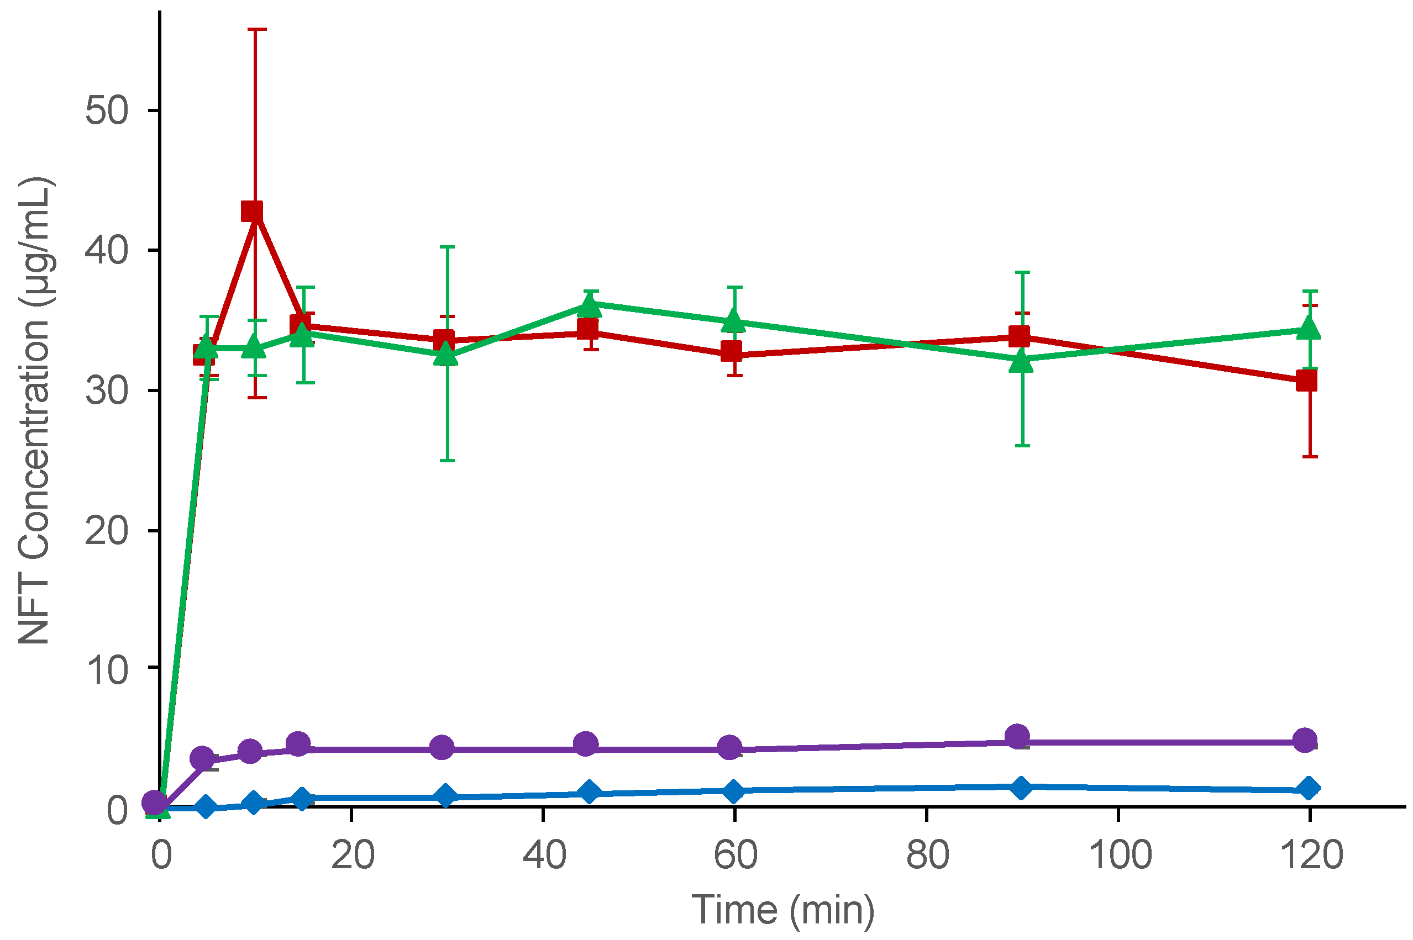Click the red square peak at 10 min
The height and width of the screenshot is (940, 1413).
point(252,211)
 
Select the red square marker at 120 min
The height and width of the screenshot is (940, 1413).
point(1306,380)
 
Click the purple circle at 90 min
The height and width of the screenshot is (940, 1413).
point(1017,736)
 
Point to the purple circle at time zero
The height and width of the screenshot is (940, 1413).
point(155,802)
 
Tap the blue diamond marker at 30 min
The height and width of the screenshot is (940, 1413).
point(445,795)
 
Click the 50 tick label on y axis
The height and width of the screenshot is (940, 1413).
point(107,110)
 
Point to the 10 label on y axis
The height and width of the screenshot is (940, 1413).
point(107,669)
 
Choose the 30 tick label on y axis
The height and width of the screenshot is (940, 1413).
point(107,391)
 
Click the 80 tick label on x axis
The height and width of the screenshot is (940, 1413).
point(928,855)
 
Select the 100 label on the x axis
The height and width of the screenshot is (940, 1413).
point(1119,855)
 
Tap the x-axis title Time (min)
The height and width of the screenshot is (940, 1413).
point(782,910)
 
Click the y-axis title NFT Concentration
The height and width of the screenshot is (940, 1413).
point(35,411)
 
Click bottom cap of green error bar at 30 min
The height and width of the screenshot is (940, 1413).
point(447,461)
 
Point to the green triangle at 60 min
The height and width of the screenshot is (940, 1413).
point(733,321)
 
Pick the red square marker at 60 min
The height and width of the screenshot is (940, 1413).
point(731,351)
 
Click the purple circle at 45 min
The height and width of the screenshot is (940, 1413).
point(586,744)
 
